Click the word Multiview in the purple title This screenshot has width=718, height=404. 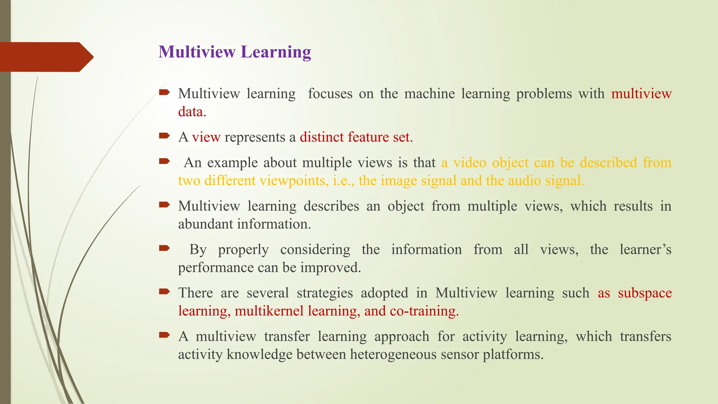(197, 52)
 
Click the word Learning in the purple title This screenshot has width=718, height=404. (276, 52)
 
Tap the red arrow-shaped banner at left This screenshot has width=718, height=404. (46, 57)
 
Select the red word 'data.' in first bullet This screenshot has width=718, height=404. (192, 112)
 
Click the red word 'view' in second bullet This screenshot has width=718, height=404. (206, 137)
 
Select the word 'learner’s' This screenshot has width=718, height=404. (645, 250)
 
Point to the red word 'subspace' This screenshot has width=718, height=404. (644, 293)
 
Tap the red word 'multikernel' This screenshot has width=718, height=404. (269, 311)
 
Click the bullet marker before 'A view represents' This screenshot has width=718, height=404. (164, 135)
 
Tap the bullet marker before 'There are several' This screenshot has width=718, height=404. (164, 291)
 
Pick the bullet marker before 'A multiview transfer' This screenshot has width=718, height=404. (164, 335)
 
